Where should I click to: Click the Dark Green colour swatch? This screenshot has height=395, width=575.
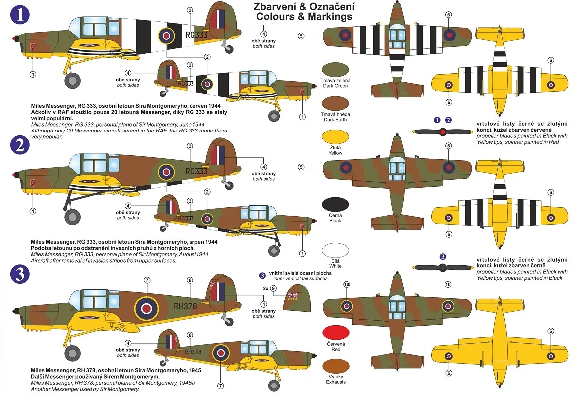click(x=335, y=70)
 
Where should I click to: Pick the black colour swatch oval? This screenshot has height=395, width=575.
click(x=335, y=206)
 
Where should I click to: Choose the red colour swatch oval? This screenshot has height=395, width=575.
click(x=335, y=332)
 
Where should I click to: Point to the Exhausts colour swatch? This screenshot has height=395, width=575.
click(x=335, y=367)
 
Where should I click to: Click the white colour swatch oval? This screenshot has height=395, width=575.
click(x=335, y=250)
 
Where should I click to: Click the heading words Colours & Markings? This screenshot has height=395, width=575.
click(x=304, y=16)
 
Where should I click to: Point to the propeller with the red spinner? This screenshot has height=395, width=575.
click(x=442, y=132)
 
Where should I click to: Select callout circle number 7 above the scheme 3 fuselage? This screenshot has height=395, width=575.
click(x=147, y=280)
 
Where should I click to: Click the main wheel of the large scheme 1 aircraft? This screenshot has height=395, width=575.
click(x=73, y=80)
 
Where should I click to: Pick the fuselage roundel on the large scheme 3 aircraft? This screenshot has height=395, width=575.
click(x=146, y=308)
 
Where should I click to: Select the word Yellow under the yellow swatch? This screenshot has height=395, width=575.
click(x=335, y=153)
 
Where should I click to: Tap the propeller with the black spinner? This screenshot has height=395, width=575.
click(x=442, y=268)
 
